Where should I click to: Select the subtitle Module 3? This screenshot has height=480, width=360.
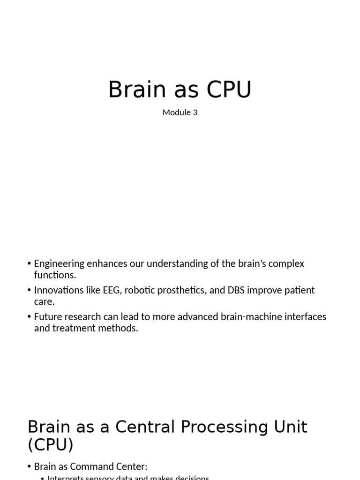[180, 112]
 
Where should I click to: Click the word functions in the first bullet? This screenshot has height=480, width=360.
[54, 275]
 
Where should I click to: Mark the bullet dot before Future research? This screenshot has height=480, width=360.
[30, 317]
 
